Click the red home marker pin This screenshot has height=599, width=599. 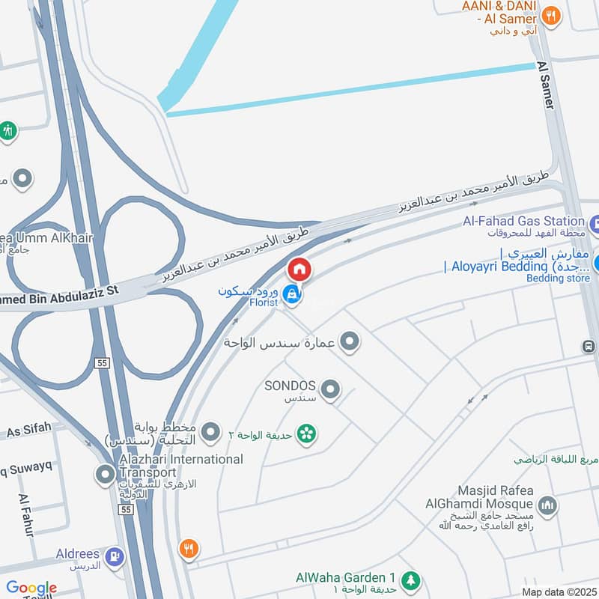[x=299, y=268]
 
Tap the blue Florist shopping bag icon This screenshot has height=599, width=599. [x=293, y=296]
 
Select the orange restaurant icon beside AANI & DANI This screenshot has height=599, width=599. [x=551, y=15]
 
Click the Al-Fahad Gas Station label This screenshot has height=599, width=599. [x=523, y=221]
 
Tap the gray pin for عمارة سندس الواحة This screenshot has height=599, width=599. [x=349, y=343]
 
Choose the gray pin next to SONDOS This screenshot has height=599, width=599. [x=329, y=389]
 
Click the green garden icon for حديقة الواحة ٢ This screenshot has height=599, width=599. [x=305, y=434]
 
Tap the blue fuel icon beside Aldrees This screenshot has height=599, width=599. [x=115, y=556]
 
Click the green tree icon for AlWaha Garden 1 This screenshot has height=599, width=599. [x=410, y=579]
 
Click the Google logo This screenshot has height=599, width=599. [x=31, y=588]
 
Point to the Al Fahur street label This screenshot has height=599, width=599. [x=26, y=515]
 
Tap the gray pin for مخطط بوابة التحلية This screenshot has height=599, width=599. [x=212, y=431]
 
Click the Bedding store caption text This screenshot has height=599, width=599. [x=558, y=279]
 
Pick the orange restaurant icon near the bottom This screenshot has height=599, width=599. [x=189, y=550]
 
